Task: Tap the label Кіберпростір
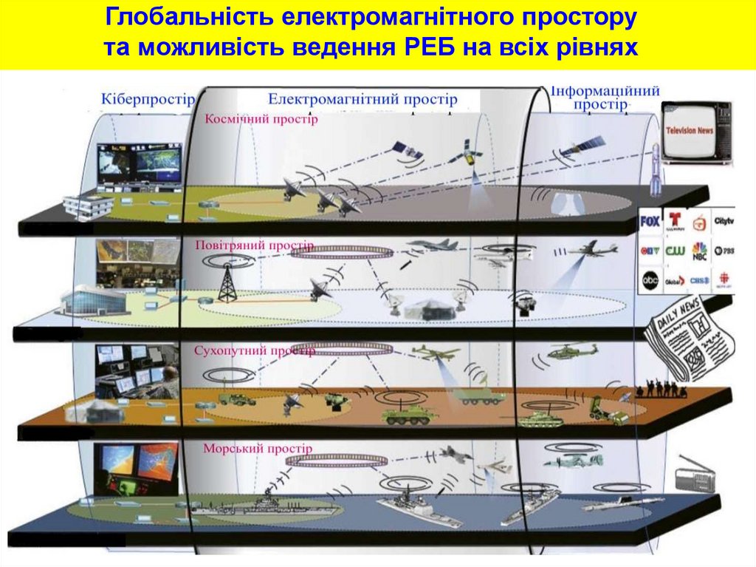coord(148,98)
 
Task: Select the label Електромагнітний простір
coord(362,98)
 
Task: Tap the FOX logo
coord(650,221)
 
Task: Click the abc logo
coord(650,279)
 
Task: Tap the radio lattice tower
coord(226,282)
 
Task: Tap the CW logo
coord(674,251)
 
